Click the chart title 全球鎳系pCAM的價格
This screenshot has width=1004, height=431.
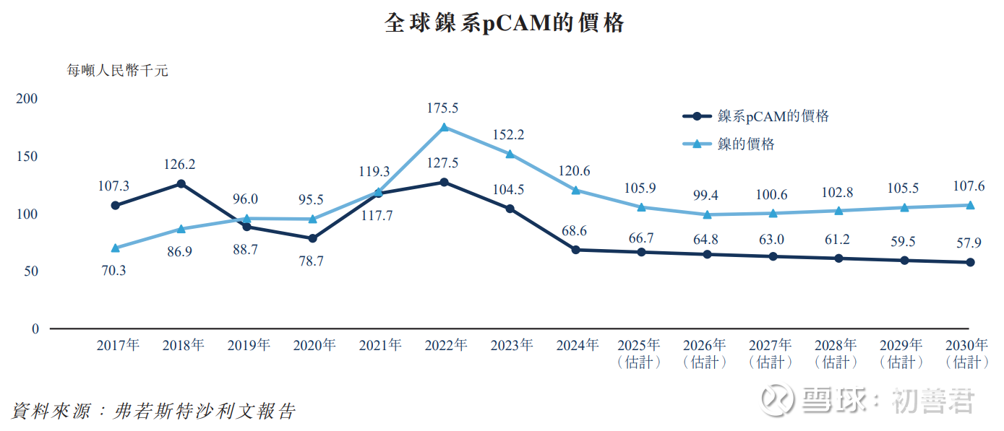click(504, 24)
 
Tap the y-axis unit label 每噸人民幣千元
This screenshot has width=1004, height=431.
click(117, 71)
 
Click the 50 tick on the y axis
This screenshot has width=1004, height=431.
click(31, 271)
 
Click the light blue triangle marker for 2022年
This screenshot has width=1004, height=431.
click(445, 127)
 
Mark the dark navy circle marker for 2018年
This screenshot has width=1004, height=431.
click(181, 183)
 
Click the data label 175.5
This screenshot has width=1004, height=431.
click(443, 108)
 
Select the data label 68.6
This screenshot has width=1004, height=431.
click(575, 230)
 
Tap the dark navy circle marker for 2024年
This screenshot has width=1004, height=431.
click(575, 250)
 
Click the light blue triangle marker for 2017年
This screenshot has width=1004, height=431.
click(116, 248)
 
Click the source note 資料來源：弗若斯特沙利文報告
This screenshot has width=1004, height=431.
click(153, 412)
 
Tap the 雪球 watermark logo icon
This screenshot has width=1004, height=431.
click(779, 399)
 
